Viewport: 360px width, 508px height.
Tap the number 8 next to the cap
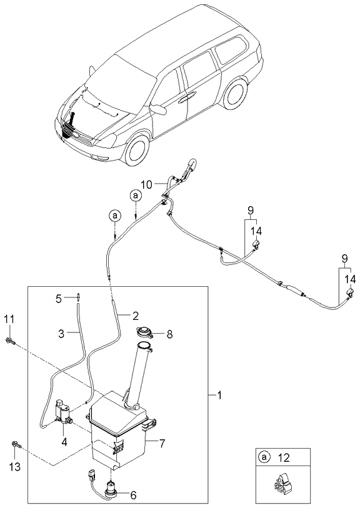point(168,334)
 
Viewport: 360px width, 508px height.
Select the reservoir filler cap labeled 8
point(145,332)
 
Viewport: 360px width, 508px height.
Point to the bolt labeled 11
point(12,341)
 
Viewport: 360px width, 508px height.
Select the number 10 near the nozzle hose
point(146,184)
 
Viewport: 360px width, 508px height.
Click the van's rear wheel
point(234,94)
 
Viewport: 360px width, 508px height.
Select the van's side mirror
point(161,110)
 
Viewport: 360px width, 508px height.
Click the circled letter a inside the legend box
point(264,457)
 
